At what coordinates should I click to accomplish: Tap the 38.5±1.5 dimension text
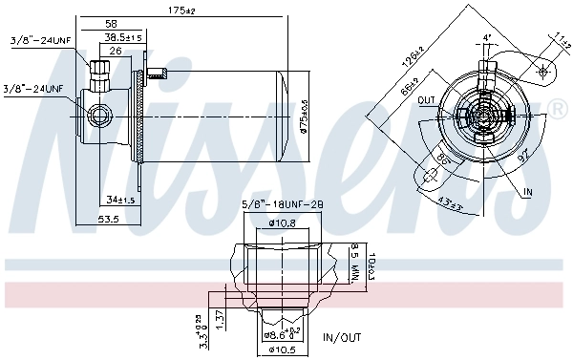pyautogui.click(x=123, y=37)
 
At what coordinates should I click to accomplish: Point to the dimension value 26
pyautogui.click(x=115, y=51)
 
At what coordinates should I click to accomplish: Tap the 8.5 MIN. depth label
pyautogui.click(x=353, y=262)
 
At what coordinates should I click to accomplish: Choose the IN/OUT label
pyautogui.click(x=342, y=336)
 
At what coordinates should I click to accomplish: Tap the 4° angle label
pyautogui.click(x=487, y=37)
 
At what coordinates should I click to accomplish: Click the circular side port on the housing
pyautogui.click(x=98, y=116)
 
